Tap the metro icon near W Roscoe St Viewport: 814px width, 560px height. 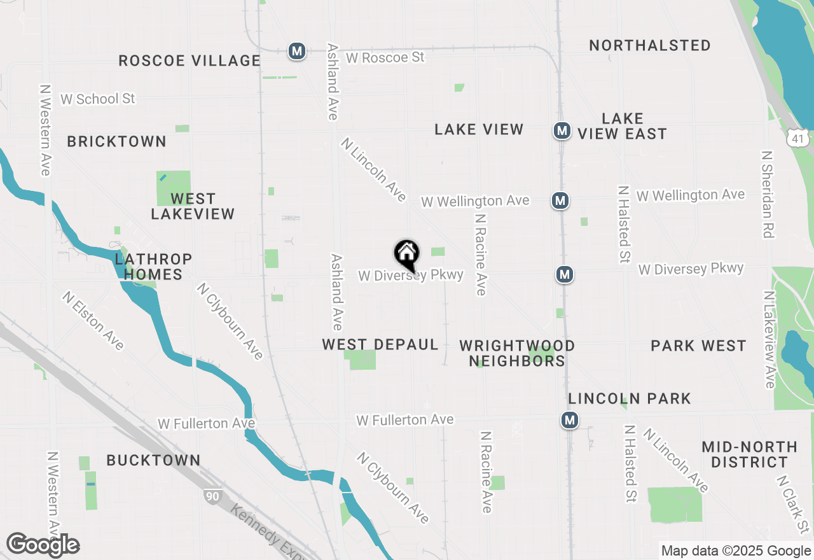click(x=297, y=51)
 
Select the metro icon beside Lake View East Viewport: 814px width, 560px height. click(x=561, y=131)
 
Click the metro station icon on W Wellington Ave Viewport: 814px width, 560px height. click(x=560, y=201)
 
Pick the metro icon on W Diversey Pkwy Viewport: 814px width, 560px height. click(x=564, y=274)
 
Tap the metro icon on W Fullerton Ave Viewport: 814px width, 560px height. click(x=570, y=421)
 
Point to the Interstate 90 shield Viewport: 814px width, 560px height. click(x=212, y=496)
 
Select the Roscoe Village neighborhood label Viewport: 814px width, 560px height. click(x=190, y=61)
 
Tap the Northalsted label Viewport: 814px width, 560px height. click(x=650, y=46)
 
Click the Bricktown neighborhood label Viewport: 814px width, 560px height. click(x=117, y=141)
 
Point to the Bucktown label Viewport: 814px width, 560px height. click(x=153, y=460)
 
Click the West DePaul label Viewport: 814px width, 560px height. click(x=380, y=345)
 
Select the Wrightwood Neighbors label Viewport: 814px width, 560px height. click(x=517, y=353)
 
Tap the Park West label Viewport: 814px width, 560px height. click(x=698, y=346)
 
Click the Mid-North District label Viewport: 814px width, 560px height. click(x=749, y=454)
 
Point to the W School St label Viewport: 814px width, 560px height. click(x=98, y=99)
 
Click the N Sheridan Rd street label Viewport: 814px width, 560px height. click(x=768, y=194)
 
